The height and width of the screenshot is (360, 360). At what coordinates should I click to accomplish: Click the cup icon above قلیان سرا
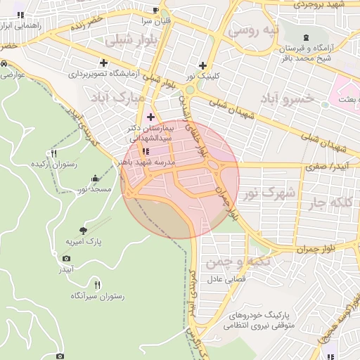pyautogui.click(x=155, y=11)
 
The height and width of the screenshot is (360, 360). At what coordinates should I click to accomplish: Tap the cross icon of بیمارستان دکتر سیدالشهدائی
pyautogui.click(x=150, y=117)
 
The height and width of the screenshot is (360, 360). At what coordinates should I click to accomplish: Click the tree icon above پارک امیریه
pyautogui.click(x=84, y=230)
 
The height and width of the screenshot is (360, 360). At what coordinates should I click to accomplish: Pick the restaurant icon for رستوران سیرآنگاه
pyautogui.click(x=97, y=285)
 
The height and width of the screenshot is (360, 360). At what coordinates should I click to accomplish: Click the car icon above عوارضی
pyautogui.click(x=5, y=63)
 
